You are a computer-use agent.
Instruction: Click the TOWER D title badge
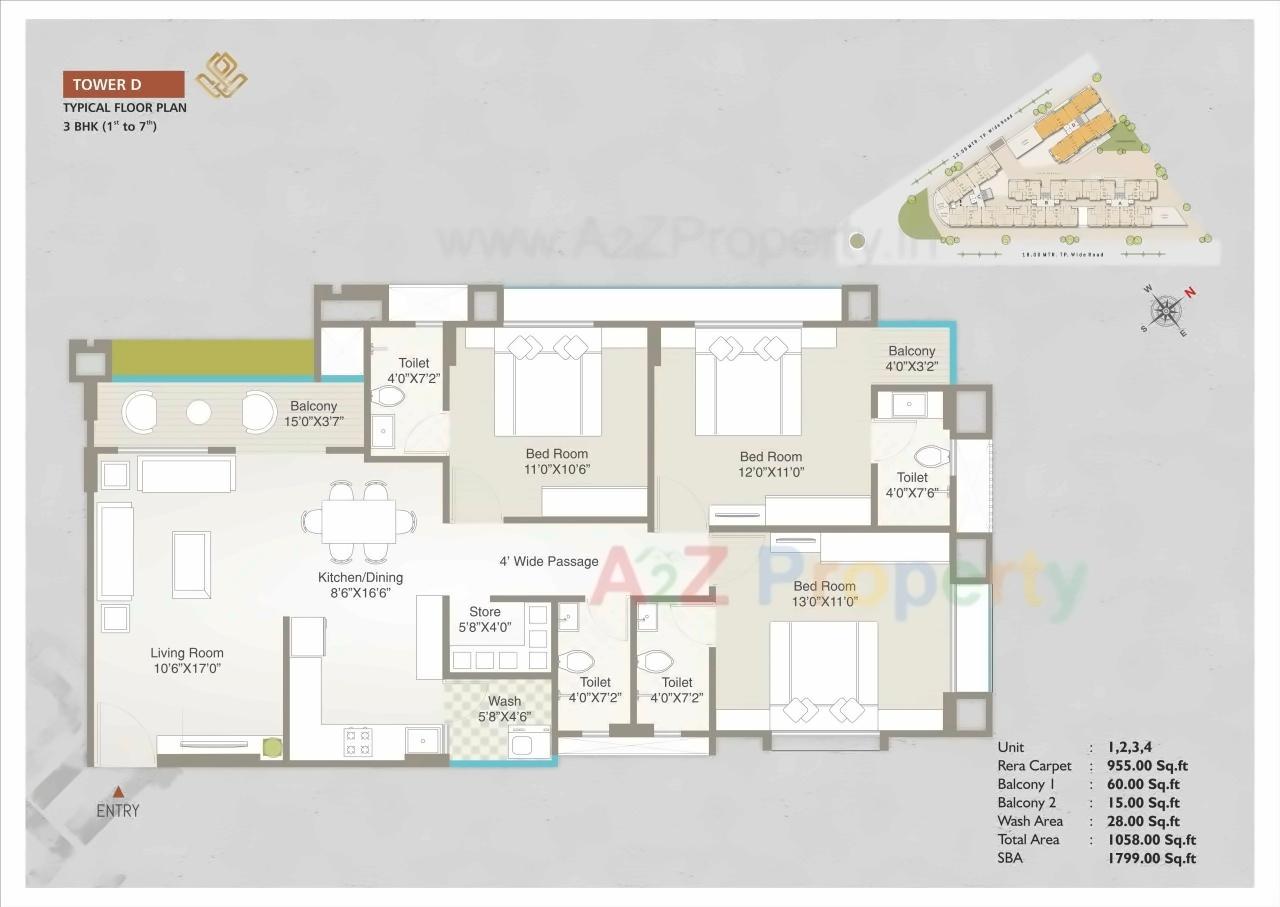[x=123, y=84]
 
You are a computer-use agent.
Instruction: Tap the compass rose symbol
[x=1167, y=310]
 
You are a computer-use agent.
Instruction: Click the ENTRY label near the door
[x=118, y=811]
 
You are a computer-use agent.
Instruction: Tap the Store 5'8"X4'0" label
[x=484, y=620]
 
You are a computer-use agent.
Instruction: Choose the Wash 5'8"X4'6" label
[x=504, y=709]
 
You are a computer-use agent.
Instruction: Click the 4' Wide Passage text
[x=549, y=562]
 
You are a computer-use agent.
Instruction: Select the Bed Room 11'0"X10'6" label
[x=558, y=461]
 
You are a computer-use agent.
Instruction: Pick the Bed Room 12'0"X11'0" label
[x=771, y=464]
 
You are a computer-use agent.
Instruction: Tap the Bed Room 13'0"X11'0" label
[x=824, y=594]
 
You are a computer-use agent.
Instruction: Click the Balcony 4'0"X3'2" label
[x=912, y=359]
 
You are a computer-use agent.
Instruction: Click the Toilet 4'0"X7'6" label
[x=912, y=485]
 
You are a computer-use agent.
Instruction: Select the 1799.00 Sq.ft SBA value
[x=1151, y=858]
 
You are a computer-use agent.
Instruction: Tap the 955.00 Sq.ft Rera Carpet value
[x=1148, y=766]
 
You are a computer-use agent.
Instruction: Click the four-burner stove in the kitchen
[x=358, y=741]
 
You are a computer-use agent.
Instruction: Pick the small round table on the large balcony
[x=199, y=410]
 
